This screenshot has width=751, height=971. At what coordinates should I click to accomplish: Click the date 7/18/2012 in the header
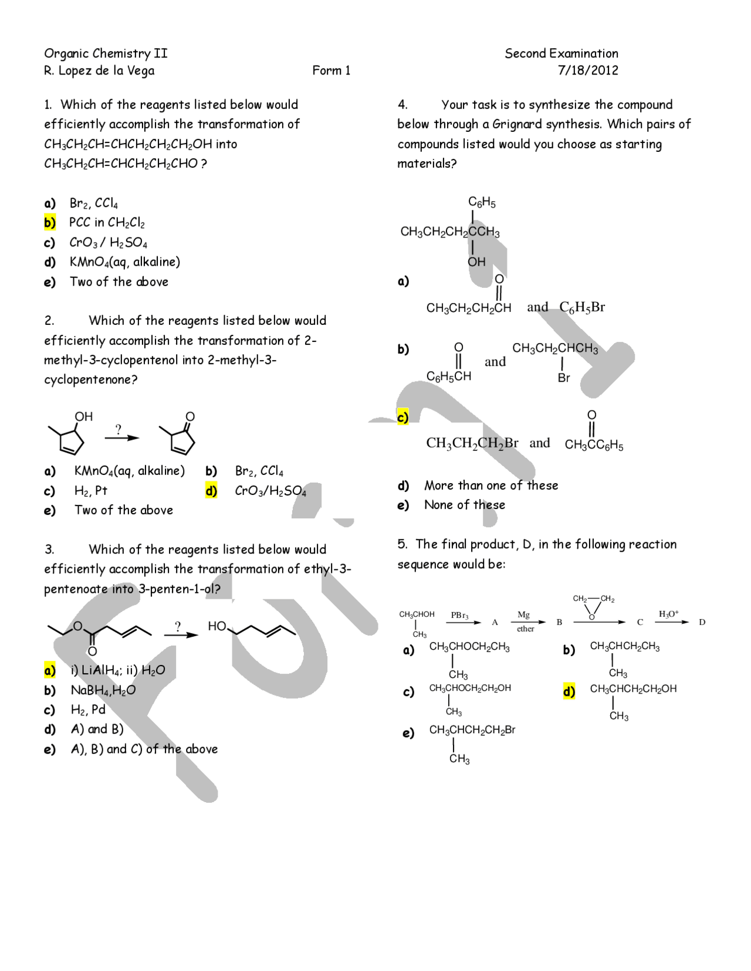pyautogui.click(x=587, y=70)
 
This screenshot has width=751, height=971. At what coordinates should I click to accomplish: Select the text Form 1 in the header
pyautogui.click(x=331, y=71)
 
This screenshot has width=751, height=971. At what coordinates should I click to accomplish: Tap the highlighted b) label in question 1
pyautogui.click(x=50, y=223)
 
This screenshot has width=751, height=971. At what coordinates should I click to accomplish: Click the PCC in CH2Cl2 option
pyautogui.click(x=107, y=223)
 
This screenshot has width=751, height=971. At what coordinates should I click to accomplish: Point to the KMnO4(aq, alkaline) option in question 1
pyautogui.click(x=124, y=262)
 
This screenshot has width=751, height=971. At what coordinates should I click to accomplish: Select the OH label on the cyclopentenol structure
pyautogui.click(x=83, y=416)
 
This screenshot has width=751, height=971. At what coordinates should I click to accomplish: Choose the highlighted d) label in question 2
pyautogui.click(x=211, y=491)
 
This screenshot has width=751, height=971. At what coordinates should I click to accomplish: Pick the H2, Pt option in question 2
pyautogui.click(x=91, y=491)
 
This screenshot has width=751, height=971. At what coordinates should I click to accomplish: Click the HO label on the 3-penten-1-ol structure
pyautogui.click(x=216, y=626)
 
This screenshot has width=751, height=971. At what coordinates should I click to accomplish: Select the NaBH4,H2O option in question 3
pyautogui.click(x=103, y=690)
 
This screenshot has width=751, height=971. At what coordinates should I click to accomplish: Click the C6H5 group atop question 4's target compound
pyautogui.click(x=482, y=202)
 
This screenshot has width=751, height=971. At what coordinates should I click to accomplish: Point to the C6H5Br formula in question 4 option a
pyautogui.click(x=581, y=307)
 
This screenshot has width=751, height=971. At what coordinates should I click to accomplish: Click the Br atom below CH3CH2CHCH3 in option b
pyautogui.click(x=563, y=378)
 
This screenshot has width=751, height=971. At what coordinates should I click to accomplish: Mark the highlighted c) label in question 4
pyautogui.click(x=402, y=417)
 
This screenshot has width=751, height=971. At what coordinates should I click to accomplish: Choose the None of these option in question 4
pyautogui.click(x=464, y=505)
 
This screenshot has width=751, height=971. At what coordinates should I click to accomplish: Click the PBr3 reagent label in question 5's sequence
pyautogui.click(x=459, y=615)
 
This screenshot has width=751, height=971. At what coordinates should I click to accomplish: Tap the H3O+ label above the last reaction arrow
pyautogui.click(x=668, y=614)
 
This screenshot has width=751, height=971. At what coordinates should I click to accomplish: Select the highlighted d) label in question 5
pyautogui.click(x=569, y=691)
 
